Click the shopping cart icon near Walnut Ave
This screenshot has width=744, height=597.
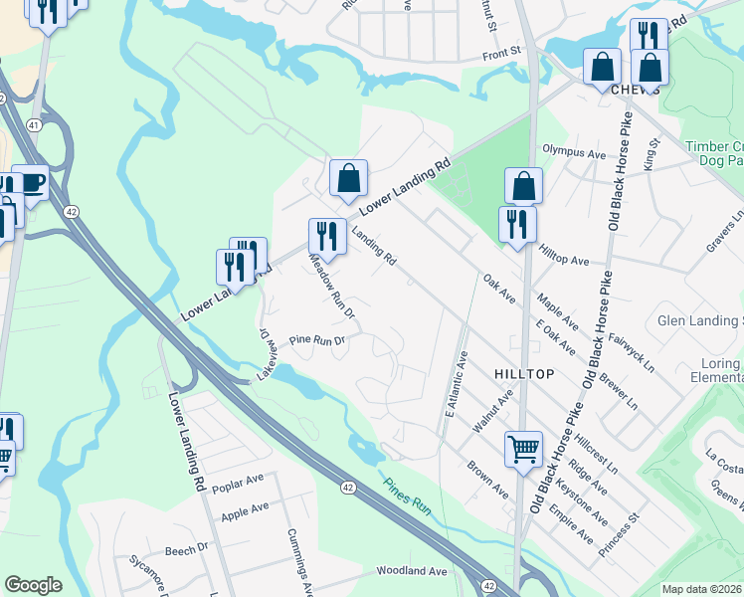[x=523, y=448]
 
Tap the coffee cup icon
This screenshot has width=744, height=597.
[x=30, y=183]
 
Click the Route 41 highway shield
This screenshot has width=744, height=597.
[x=33, y=125]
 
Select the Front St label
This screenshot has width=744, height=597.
[x=502, y=51]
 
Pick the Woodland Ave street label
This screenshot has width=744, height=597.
[x=411, y=571]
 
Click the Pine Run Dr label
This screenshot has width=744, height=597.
[x=316, y=340]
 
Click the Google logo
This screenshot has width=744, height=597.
[x=33, y=585]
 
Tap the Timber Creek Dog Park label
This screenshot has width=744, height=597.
[x=715, y=153]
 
